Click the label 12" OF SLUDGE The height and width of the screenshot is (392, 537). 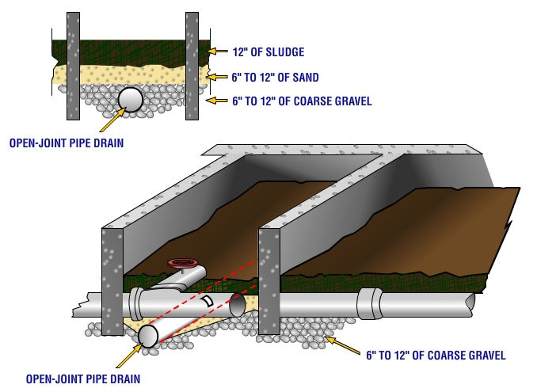(x=268, y=52)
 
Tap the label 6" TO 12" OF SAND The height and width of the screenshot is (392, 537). (x=276, y=78)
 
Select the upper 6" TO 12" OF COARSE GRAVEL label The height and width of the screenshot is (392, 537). (x=302, y=101)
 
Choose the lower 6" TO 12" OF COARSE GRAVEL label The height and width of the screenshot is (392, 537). (x=436, y=355)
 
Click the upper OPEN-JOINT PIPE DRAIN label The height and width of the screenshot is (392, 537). (x=67, y=143)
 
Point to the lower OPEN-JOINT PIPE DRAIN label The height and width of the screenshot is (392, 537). (x=83, y=379)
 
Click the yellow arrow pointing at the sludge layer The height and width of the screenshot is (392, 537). (x=218, y=51)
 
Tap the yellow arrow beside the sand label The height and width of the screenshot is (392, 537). (x=218, y=77)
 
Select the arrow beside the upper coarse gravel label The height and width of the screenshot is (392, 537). (x=216, y=101)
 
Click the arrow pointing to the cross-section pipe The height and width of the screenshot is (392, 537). (x=112, y=120)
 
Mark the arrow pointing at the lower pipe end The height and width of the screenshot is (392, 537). (x=129, y=356)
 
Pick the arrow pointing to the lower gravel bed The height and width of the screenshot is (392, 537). (x=342, y=345)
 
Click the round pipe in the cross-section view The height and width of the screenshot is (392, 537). (x=130, y=100)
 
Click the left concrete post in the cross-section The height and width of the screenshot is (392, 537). (x=74, y=66)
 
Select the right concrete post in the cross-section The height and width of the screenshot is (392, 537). (x=192, y=66)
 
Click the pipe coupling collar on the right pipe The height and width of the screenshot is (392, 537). (x=370, y=303)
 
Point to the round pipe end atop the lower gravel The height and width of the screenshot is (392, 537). (x=148, y=337)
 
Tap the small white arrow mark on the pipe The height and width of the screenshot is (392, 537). (x=208, y=301)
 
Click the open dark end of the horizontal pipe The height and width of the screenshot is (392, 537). (x=238, y=305)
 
